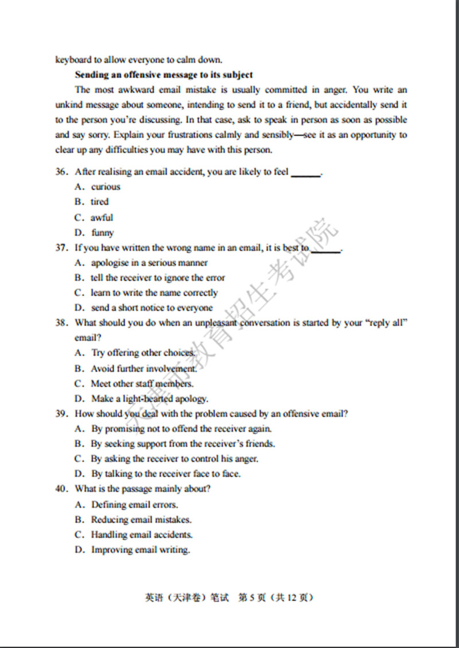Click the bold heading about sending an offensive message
point(164,75)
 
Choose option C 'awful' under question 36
point(102,218)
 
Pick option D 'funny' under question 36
point(102,232)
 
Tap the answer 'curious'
point(106,187)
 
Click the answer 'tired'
point(99,201)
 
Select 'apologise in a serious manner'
point(149,263)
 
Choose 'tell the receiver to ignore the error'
point(158,278)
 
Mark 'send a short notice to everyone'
point(151,308)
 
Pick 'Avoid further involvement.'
point(143,368)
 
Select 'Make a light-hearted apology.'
point(149,398)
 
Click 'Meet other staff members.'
point(142,383)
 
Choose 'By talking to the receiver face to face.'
point(165,474)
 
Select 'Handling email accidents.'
point(141,534)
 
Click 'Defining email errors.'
point(134,505)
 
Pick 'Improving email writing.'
point(140,549)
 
